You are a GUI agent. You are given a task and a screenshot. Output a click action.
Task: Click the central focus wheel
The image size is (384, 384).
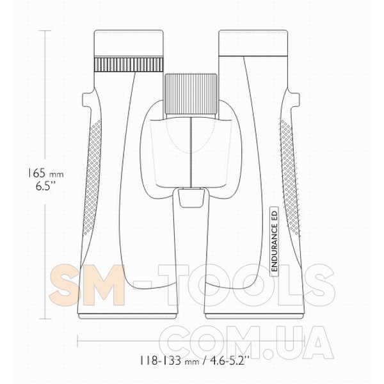click(191, 94)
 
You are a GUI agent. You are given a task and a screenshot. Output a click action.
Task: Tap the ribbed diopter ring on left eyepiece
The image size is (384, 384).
click(129, 65)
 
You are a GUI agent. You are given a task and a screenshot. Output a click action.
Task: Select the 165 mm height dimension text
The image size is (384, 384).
click(45, 173)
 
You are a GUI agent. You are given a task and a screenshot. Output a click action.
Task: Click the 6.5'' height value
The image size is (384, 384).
click(45, 186)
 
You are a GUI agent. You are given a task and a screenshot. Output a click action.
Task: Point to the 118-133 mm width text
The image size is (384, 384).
click(169, 361)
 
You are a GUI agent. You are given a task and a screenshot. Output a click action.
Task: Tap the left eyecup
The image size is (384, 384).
click(129, 44)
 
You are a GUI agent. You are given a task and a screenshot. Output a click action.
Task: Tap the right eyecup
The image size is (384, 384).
click(253, 44)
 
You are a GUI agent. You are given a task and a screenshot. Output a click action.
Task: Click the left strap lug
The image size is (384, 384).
click(87, 99)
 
